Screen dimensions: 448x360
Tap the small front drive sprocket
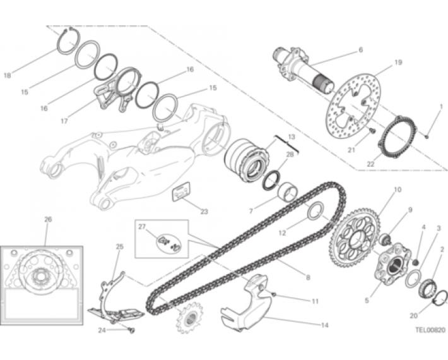pyautogui.click(x=189, y=318)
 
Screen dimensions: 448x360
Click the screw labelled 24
pyautogui.click(x=132, y=330)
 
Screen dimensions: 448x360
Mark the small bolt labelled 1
pyautogui.click(x=427, y=136)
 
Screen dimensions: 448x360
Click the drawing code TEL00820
pyautogui.click(x=430, y=330)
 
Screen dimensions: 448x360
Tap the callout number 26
pyautogui.click(x=48, y=219)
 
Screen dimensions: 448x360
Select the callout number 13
pyautogui.click(x=291, y=137)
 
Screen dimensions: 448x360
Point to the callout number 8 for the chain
pyautogui.click(x=308, y=277)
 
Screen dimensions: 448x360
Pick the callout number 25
pyautogui.click(x=120, y=246)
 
